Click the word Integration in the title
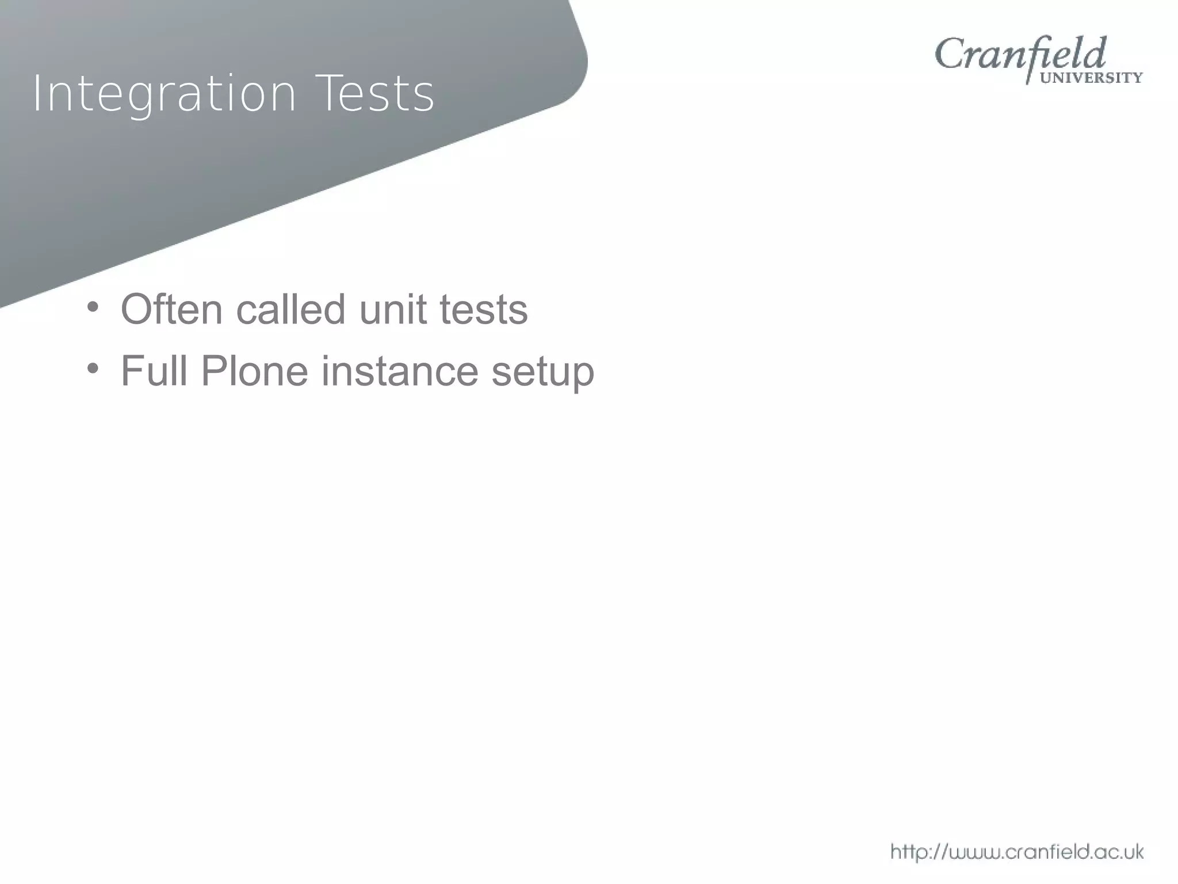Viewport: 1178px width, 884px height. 164,93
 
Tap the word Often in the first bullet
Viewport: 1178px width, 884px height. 171,310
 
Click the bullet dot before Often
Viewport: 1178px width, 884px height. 93,306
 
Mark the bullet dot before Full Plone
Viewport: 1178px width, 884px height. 93,368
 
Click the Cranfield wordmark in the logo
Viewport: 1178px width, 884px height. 1020,55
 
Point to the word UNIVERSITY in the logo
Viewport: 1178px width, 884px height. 1091,78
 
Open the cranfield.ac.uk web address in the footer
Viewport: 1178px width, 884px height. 1017,852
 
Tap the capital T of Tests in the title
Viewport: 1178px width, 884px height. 330,93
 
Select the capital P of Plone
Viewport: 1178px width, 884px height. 214,371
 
